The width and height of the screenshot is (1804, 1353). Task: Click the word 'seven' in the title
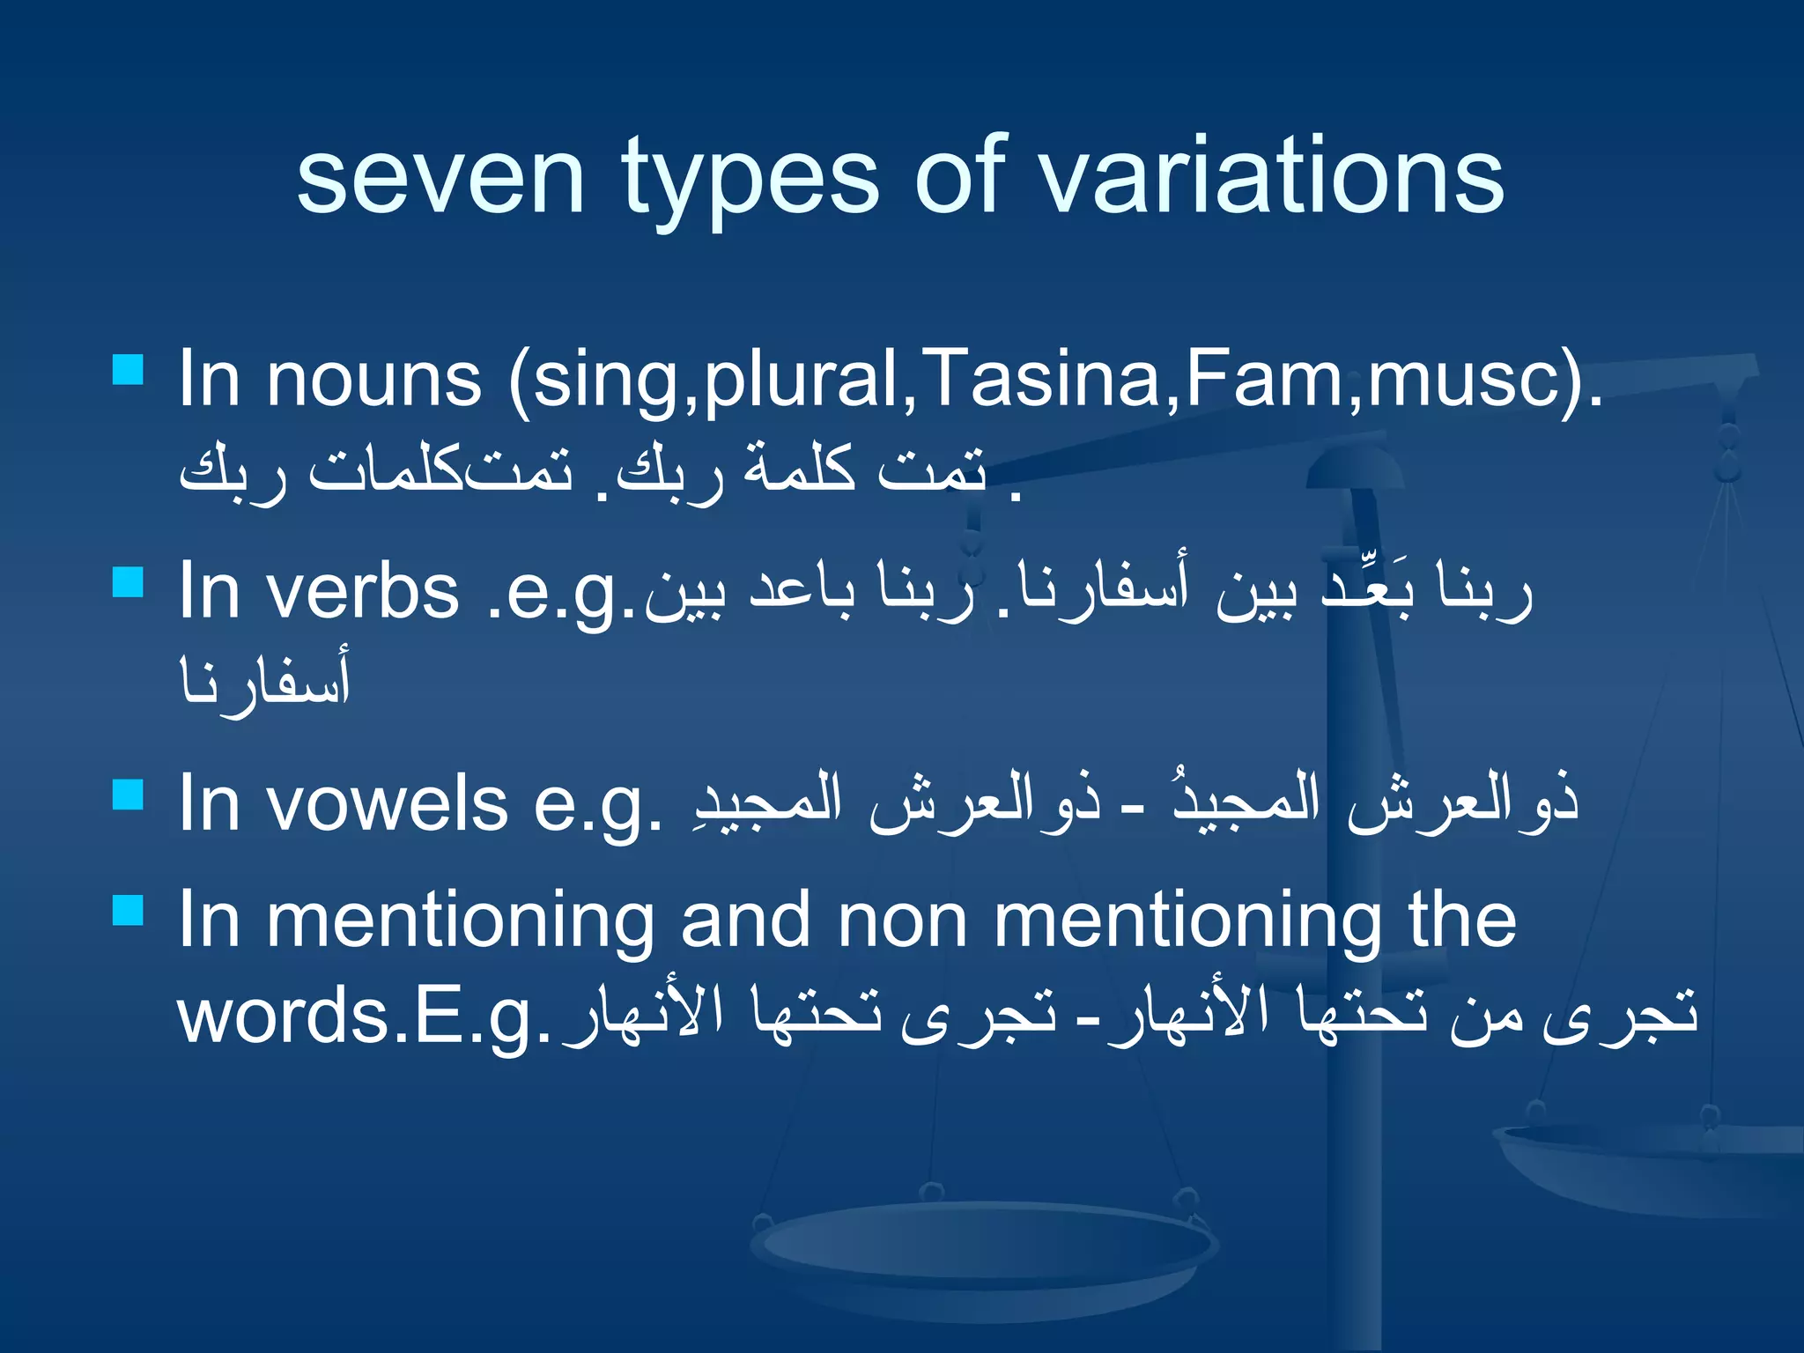tap(440, 179)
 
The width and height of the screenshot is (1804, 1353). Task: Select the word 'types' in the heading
tap(750, 179)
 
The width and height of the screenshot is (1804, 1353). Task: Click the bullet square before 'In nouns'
tap(129, 370)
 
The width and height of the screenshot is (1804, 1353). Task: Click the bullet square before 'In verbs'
tap(129, 582)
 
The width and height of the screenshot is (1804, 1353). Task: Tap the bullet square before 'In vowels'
tap(129, 794)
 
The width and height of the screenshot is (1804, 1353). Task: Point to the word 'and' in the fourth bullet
tap(745, 920)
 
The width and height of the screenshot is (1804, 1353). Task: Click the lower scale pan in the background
tap(982, 1251)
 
